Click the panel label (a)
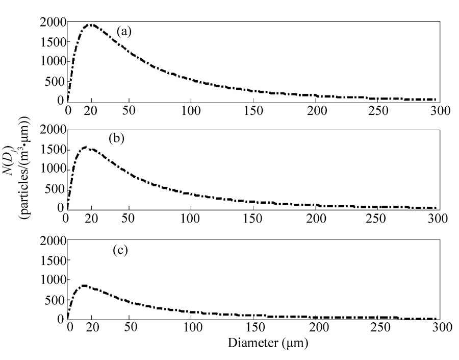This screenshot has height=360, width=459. click(124, 32)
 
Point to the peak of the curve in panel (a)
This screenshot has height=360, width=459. click(91, 25)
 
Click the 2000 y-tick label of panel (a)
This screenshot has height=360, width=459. click(52, 22)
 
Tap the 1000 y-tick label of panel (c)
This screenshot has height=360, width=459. click(52, 280)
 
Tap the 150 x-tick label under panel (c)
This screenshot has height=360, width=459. click(252, 329)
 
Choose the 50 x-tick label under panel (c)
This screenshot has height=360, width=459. click(129, 329)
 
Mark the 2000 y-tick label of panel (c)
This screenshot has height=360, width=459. click(52, 241)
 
